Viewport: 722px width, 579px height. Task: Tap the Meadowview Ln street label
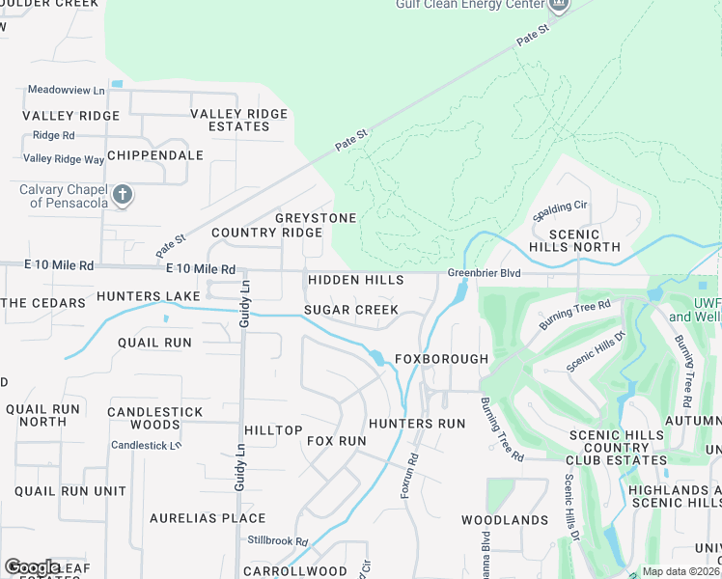point(66,90)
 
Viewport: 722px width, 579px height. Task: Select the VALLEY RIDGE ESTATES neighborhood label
point(238,121)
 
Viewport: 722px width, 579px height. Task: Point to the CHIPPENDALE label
point(155,155)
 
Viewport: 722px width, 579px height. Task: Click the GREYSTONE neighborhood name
point(316,218)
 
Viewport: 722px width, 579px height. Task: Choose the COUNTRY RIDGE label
point(266,234)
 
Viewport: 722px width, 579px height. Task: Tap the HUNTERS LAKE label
point(148,295)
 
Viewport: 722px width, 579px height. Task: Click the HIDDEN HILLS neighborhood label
point(355,280)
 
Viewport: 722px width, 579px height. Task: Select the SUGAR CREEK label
point(351,310)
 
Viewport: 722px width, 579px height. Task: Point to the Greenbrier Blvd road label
point(484,274)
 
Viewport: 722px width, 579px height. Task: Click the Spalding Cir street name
point(560,207)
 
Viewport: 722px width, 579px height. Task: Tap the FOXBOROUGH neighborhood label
point(441,359)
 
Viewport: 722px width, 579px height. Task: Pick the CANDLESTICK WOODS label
point(154,418)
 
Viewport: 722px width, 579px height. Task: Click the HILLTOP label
point(273,430)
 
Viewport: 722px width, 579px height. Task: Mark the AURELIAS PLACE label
point(208,518)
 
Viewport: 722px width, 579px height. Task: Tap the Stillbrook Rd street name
point(277,541)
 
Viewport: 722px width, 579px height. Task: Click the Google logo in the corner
point(32,566)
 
